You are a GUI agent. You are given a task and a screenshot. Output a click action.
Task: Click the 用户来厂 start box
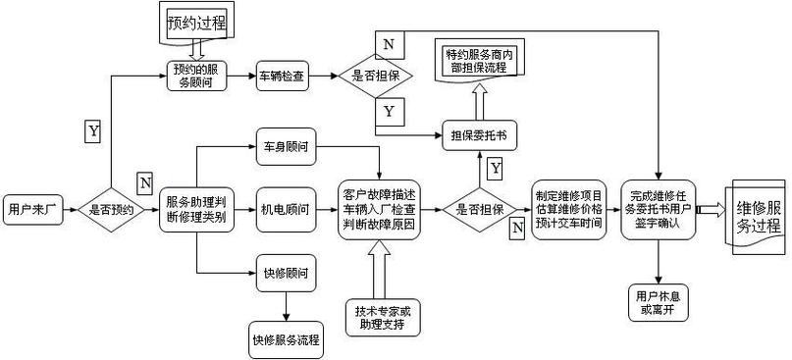pos(33,209)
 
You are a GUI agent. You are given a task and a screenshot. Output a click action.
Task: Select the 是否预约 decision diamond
pos(112,209)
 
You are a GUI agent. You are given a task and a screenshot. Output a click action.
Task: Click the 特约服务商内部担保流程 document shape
pos(480,59)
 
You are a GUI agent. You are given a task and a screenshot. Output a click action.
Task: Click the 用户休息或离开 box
pos(659,302)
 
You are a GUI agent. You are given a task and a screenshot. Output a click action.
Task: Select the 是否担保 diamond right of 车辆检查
pos(376,76)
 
